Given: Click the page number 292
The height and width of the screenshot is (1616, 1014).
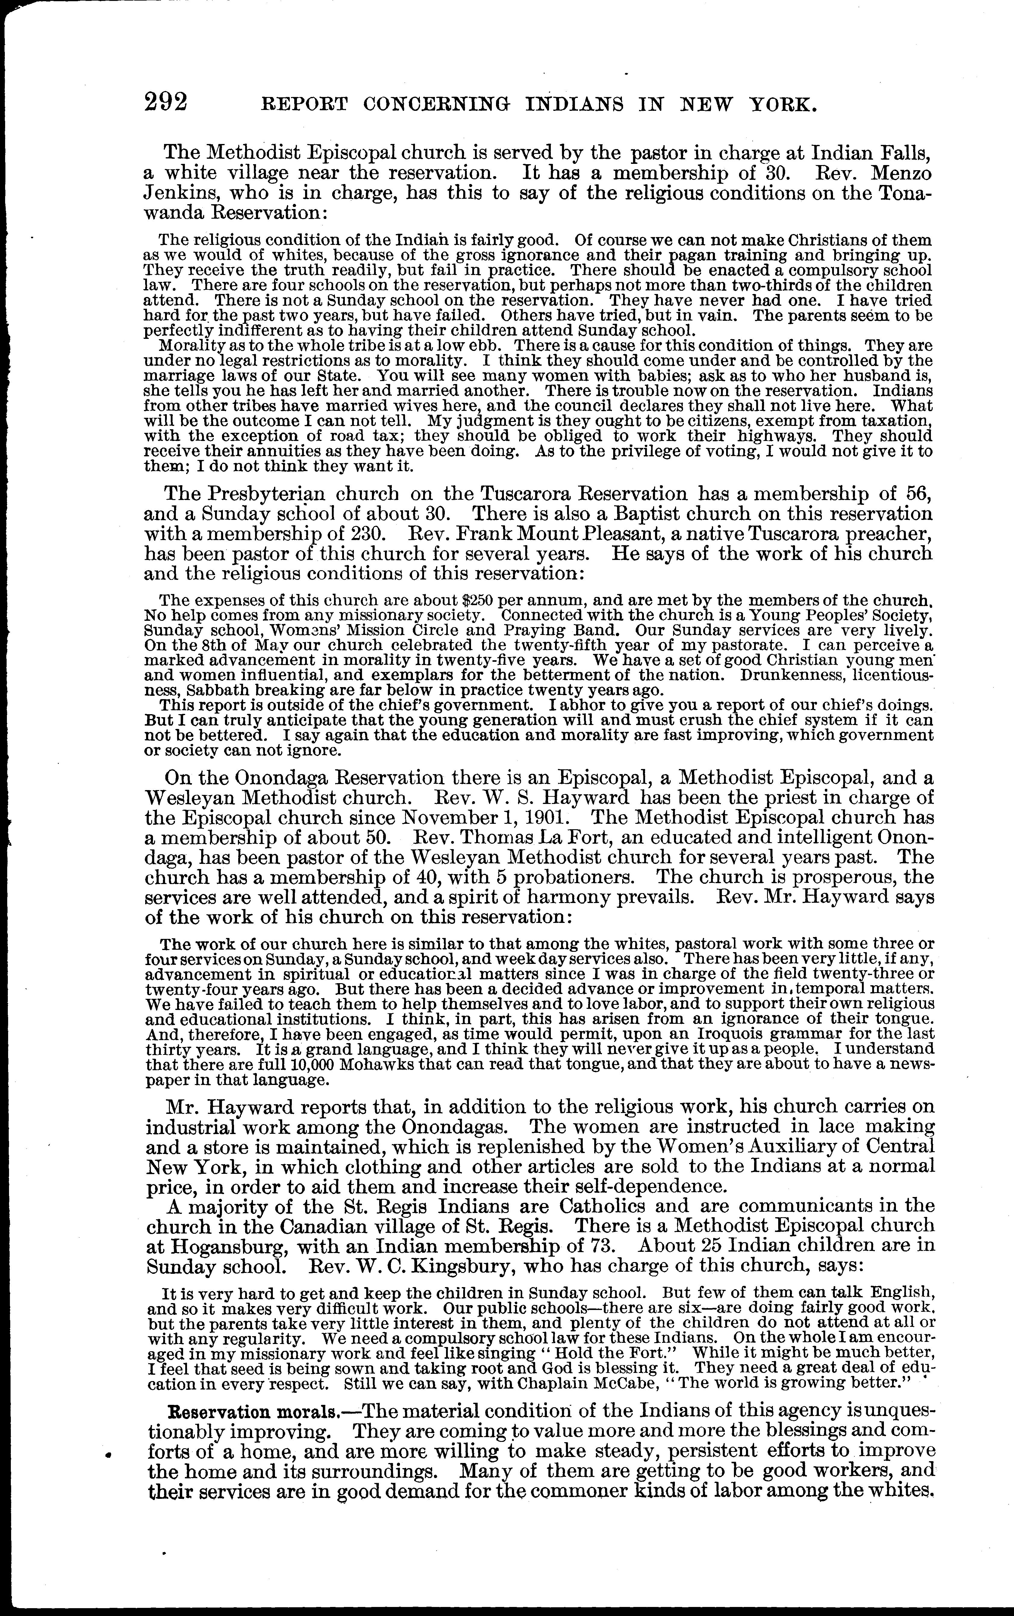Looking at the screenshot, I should pyautogui.click(x=165, y=102).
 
